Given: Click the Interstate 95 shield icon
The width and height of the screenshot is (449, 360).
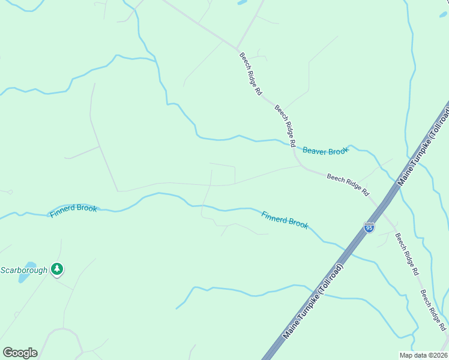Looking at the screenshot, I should tap(369, 227).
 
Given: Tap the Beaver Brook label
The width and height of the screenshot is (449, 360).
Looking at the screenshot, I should tap(325, 151).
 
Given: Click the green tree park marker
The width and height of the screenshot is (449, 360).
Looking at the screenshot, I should tap(57, 269).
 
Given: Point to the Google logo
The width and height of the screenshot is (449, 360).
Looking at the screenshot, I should tap(20, 353).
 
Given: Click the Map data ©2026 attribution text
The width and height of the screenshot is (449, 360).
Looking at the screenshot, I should tap(423, 355).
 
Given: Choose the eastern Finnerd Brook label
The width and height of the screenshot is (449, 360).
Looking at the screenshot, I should tap(285, 219).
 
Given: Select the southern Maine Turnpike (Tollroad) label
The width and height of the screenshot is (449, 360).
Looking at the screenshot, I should tap(313, 301).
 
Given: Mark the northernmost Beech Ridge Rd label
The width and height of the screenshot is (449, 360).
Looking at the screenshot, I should tap(251, 74).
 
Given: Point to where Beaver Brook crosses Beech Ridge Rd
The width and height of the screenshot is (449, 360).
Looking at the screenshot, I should tap(293, 145).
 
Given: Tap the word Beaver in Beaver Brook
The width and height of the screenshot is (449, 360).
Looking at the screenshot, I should tap(315, 151).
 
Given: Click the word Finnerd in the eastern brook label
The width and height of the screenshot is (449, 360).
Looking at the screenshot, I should tap(274, 217).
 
